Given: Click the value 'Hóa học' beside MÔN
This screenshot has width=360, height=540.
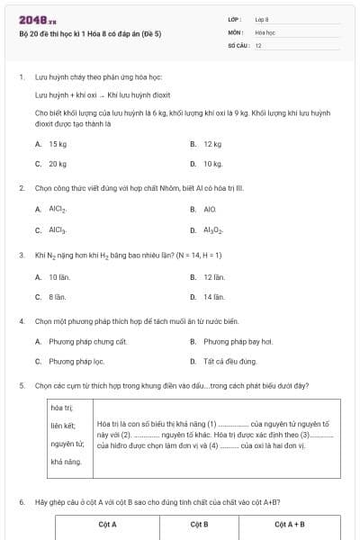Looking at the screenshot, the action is pyautogui.click(x=265, y=31).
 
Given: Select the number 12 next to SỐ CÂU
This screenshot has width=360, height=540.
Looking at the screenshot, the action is pyautogui.click(x=259, y=44).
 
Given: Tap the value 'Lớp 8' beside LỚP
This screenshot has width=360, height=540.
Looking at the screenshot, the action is pyautogui.click(x=262, y=19).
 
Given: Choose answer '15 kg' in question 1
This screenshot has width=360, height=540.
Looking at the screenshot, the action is pyautogui.click(x=58, y=144).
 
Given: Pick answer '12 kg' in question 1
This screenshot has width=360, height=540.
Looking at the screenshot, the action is pyautogui.click(x=212, y=144).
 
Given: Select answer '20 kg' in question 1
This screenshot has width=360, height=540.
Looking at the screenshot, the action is pyautogui.click(x=58, y=164).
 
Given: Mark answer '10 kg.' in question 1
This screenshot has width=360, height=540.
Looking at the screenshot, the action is pyautogui.click(x=213, y=164).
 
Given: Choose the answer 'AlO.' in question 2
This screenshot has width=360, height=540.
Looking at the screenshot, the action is pyautogui.click(x=210, y=209).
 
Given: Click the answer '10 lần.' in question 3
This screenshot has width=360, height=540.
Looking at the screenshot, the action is pyautogui.click(x=59, y=276).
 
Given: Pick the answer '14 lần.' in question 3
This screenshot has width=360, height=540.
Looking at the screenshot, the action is pyautogui.click(x=214, y=296).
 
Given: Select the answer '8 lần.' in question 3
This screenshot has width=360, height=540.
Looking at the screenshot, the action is pyautogui.click(x=58, y=296).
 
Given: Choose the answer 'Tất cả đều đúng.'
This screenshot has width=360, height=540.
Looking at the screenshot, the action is pyautogui.click(x=229, y=361).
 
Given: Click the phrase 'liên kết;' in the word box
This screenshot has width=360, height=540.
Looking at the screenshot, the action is pyautogui.click(x=63, y=426).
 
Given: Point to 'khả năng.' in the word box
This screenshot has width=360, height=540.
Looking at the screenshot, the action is pyautogui.click(x=66, y=462).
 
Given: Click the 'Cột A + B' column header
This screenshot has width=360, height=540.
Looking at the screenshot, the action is pyautogui.click(x=289, y=524).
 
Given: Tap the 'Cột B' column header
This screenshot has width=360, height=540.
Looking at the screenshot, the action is pyautogui.click(x=200, y=524).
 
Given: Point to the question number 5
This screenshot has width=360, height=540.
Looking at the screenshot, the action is pyautogui.click(x=21, y=385).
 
